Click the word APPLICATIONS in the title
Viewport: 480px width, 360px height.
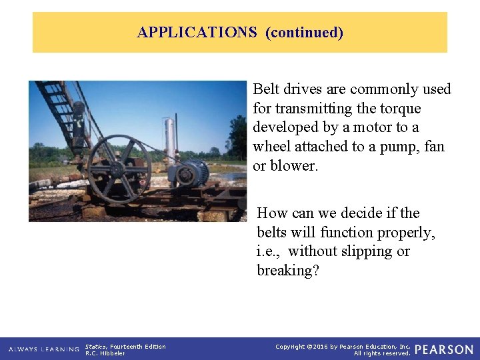click(x=197, y=32)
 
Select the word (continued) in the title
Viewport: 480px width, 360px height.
click(x=304, y=32)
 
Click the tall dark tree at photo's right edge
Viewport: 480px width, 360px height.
click(x=239, y=137)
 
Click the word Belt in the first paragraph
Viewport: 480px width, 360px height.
click(x=267, y=89)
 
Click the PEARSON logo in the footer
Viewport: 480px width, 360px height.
click(x=444, y=349)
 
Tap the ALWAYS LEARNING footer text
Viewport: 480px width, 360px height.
click(x=44, y=349)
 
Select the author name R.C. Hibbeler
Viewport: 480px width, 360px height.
click(x=105, y=353)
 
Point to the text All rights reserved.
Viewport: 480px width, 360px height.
click(x=382, y=353)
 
